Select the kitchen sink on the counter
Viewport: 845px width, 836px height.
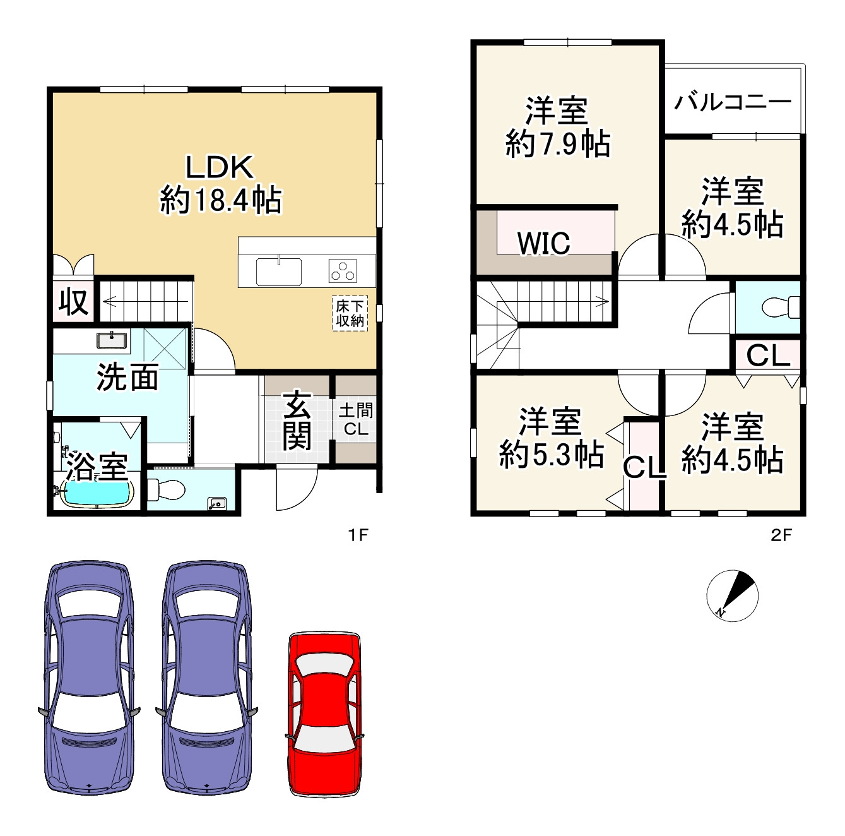click(x=279, y=271)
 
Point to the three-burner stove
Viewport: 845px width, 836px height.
click(x=343, y=270)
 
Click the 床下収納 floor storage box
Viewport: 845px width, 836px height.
click(x=350, y=313)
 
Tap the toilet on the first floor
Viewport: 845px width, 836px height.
click(x=165, y=489)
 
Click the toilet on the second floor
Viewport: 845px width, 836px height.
click(x=781, y=307)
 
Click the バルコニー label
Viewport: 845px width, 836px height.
click(x=733, y=102)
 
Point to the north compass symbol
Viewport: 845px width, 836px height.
click(x=732, y=595)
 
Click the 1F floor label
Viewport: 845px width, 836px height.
click(x=358, y=535)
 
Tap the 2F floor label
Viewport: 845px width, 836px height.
click(x=781, y=535)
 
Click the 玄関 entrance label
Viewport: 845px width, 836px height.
click(x=297, y=420)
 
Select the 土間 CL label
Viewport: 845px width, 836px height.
click(x=356, y=419)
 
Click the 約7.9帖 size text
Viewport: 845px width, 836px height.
click(x=557, y=143)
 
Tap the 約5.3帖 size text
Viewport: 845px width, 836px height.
click(x=551, y=454)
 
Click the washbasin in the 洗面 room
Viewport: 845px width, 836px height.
click(x=113, y=340)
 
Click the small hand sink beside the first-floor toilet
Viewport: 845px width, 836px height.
click(x=217, y=503)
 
